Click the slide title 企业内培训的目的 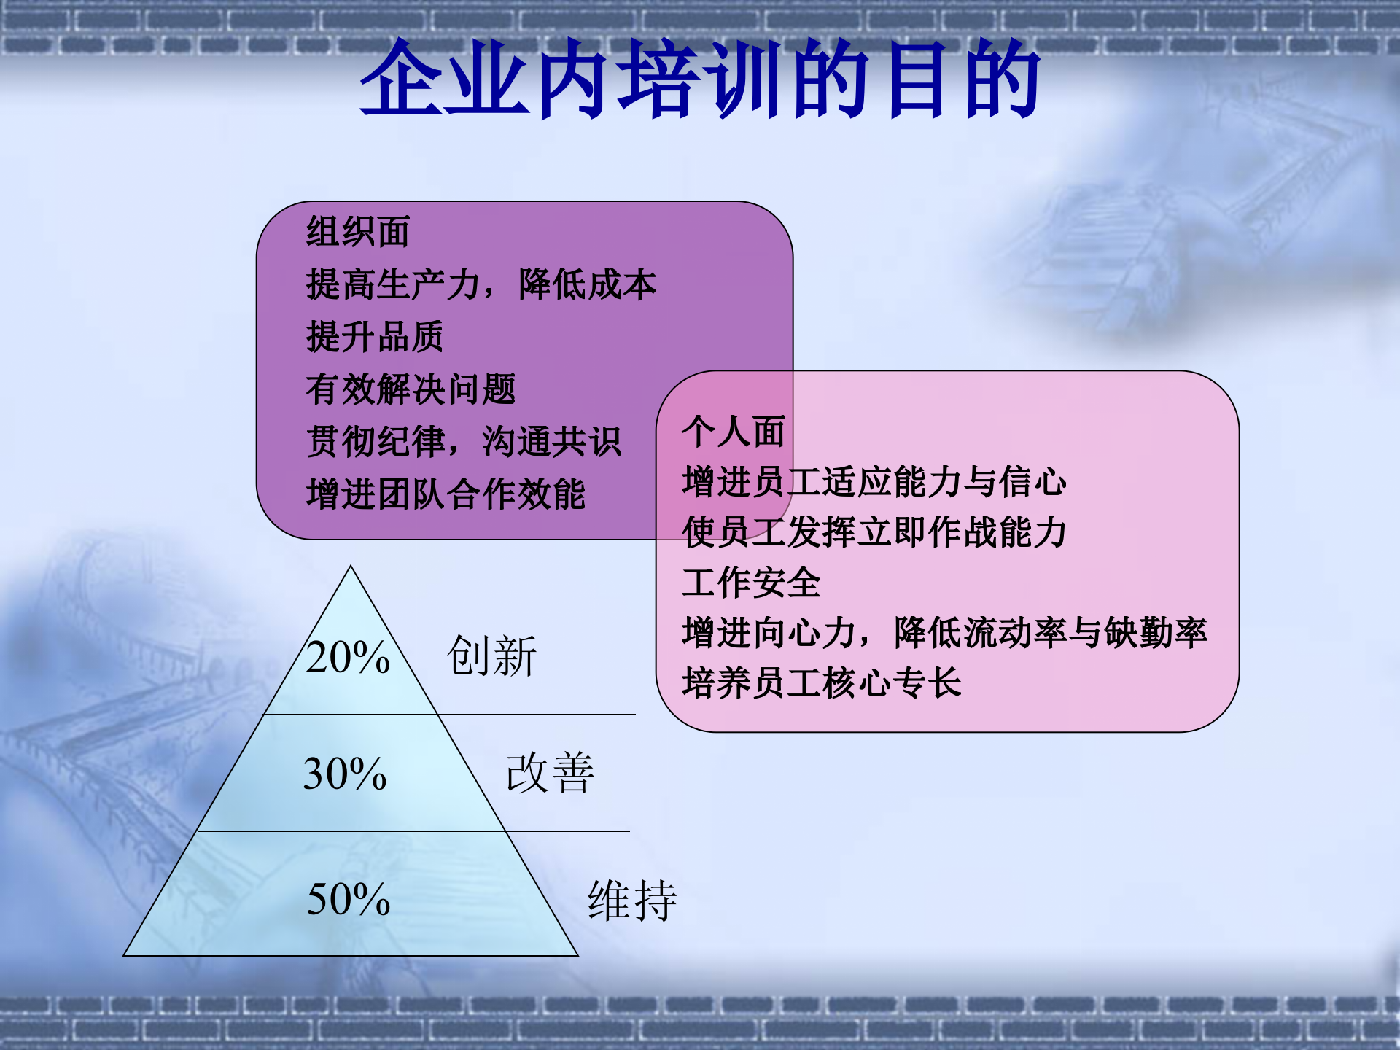pyautogui.click(x=700, y=79)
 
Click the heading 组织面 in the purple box pyautogui.click(x=357, y=232)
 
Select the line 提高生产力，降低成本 pyautogui.click(x=481, y=284)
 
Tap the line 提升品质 pyautogui.click(x=374, y=337)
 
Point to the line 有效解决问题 pyautogui.click(x=411, y=389)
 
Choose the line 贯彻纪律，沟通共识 pyautogui.click(x=463, y=442)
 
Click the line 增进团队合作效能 pyautogui.click(x=446, y=494)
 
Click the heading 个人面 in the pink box pyautogui.click(x=733, y=431)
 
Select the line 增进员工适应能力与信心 pyautogui.click(x=874, y=482)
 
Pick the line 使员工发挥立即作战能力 pyautogui.click(x=874, y=532)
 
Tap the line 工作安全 pyautogui.click(x=751, y=583)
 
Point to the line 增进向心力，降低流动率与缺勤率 pyautogui.click(x=944, y=633)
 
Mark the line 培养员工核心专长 pyautogui.click(x=821, y=683)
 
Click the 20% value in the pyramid pyautogui.click(x=348, y=657)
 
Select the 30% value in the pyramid pyautogui.click(x=345, y=774)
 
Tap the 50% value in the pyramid pyautogui.click(x=349, y=899)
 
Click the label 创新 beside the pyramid pyautogui.click(x=491, y=656)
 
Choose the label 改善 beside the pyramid pyautogui.click(x=551, y=773)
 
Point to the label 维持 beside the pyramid pyautogui.click(x=632, y=901)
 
